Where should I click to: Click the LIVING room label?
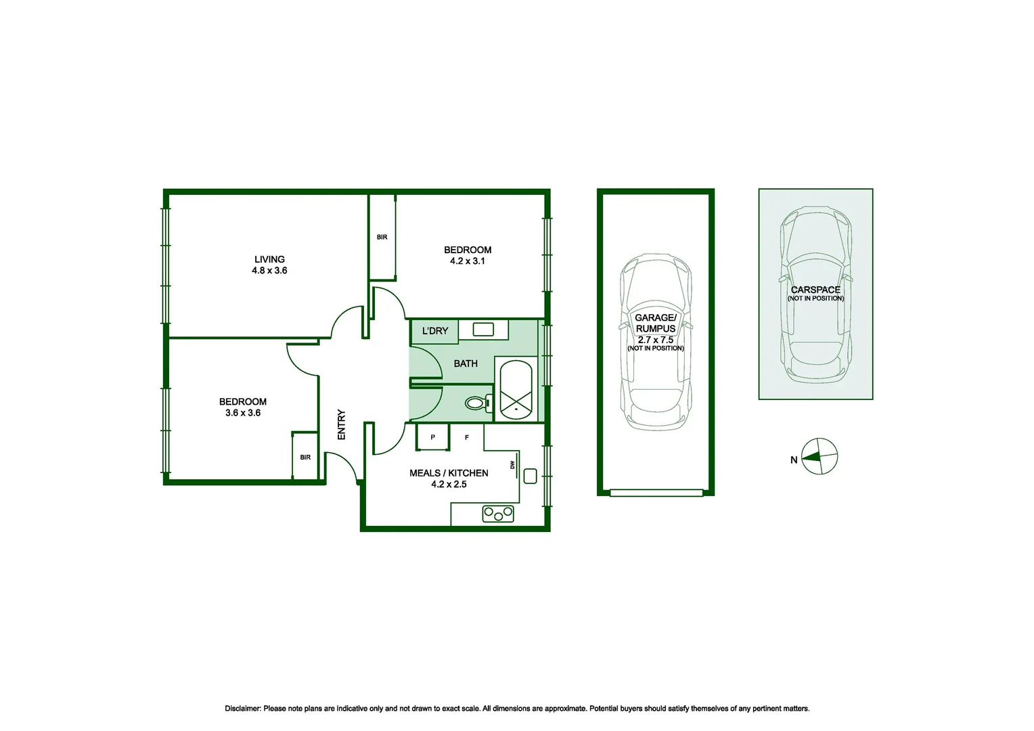click(x=269, y=259)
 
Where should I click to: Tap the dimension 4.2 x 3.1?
click(x=467, y=261)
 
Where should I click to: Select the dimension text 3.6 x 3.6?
click(x=243, y=413)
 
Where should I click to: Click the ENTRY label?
click(x=342, y=424)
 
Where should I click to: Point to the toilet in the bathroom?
click(x=476, y=403)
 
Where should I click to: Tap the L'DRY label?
click(x=434, y=331)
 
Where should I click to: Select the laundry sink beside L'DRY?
click(x=483, y=330)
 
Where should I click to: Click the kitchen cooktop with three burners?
click(x=498, y=514)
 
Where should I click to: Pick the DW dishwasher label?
click(x=512, y=465)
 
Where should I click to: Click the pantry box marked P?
click(x=433, y=437)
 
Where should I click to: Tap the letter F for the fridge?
click(x=467, y=438)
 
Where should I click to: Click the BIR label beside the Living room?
click(x=382, y=237)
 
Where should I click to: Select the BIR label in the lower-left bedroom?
click(x=305, y=458)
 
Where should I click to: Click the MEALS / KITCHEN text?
click(x=449, y=473)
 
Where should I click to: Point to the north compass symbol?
click(x=819, y=457)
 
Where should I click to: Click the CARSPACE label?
click(x=815, y=290)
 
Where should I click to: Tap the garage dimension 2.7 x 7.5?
click(x=655, y=340)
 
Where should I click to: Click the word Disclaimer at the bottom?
click(x=242, y=709)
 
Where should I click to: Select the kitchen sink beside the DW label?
click(x=531, y=476)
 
